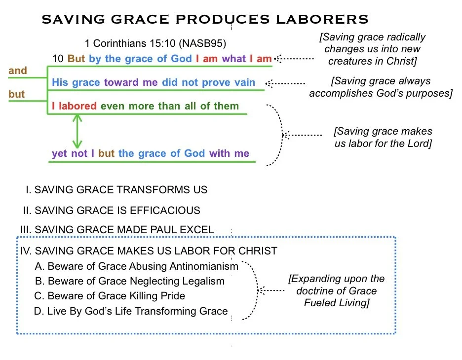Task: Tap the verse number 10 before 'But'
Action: pos(58,59)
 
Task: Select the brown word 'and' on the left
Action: pos(18,71)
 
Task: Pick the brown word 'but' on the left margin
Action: pos(17,94)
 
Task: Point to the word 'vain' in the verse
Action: pos(244,82)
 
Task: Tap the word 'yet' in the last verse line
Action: pos(59,153)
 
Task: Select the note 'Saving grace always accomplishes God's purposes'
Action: pos(381,87)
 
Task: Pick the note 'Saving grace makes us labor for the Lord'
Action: pos(383,138)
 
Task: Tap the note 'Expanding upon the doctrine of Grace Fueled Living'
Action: pos(336,291)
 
